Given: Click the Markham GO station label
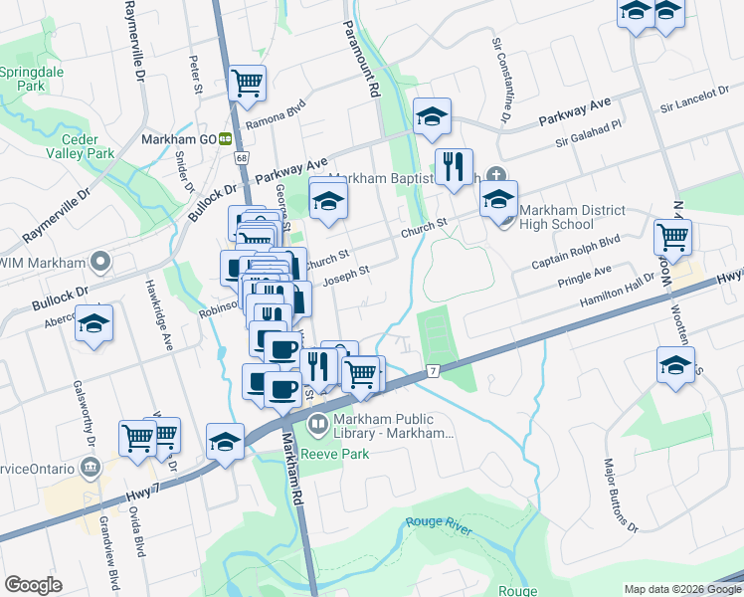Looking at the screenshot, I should pyautogui.click(x=179, y=139).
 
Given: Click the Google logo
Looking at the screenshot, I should pyautogui.click(x=33, y=585).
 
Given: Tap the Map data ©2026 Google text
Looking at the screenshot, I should pyautogui.click(x=681, y=589).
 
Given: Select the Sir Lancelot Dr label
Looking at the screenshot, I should pyautogui.click(x=694, y=99).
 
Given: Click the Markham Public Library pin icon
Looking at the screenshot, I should pyautogui.click(x=318, y=425).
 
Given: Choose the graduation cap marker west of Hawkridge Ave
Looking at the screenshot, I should pyautogui.click(x=94, y=324).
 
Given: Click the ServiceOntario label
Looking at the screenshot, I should pyautogui.click(x=38, y=468).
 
